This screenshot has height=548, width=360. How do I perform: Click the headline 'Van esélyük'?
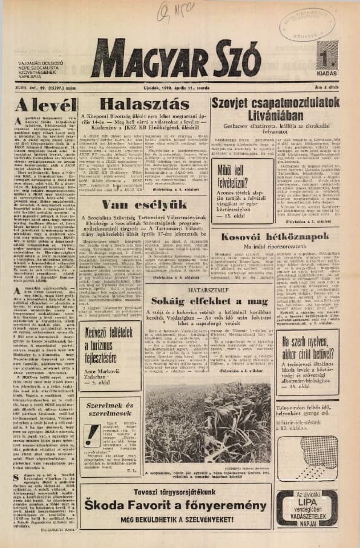144,205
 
